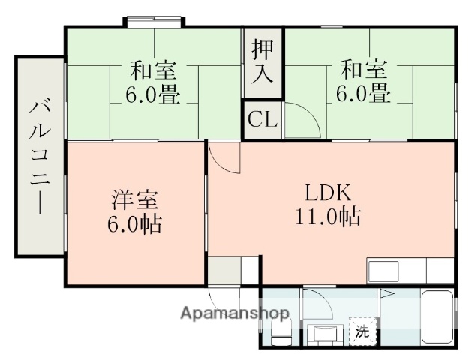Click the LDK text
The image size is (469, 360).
click(x=328, y=192)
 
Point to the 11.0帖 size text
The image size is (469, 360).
click(x=327, y=217)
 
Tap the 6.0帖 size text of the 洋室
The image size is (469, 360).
click(x=136, y=225)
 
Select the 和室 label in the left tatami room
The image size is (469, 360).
click(x=154, y=71)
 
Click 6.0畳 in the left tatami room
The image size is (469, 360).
click(x=154, y=95)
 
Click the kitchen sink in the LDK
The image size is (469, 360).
click(x=383, y=271)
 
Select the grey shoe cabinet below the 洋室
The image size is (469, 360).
click(x=223, y=271)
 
